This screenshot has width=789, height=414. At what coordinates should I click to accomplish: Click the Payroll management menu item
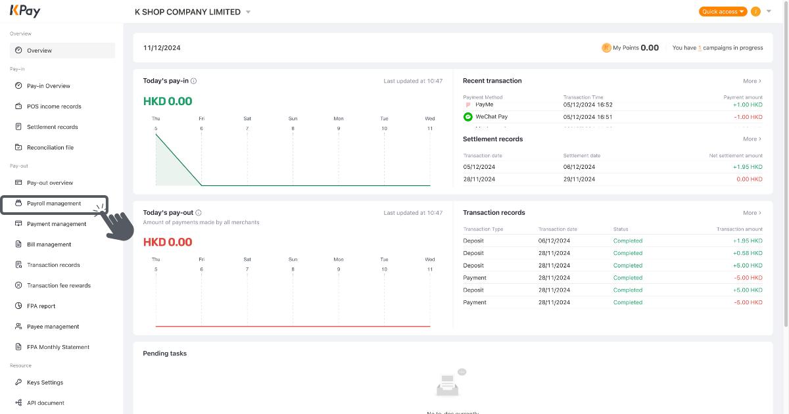click(x=54, y=204)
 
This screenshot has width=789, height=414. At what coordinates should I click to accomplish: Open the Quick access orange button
click(x=723, y=12)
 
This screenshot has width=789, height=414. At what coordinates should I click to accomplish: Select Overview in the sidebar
click(x=39, y=51)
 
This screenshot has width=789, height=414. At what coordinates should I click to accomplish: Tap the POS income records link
click(x=54, y=106)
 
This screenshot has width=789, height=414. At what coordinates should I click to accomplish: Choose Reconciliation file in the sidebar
click(x=50, y=148)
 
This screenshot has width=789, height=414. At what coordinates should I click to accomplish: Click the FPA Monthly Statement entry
click(x=58, y=347)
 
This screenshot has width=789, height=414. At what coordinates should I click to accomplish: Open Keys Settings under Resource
click(x=45, y=382)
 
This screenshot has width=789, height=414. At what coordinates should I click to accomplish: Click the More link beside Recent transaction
click(x=752, y=81)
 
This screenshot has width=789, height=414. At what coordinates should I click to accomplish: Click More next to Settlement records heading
click(x=752, y=139)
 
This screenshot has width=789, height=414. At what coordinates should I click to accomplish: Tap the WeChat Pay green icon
click(x=468, y=117)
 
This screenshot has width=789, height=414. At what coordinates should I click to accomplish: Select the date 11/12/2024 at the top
click(x=162, y=48)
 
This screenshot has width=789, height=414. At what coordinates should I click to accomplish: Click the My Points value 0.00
click(x=650, y=48)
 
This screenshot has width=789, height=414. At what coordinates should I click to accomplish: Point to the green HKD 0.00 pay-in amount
click(x=168, y=101)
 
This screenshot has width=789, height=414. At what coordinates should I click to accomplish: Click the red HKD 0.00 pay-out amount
click(x=168, y=242)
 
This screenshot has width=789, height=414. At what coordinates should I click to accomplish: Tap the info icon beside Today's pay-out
click(x=199, y=213)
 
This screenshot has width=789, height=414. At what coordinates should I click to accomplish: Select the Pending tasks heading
click(x=165, y=354)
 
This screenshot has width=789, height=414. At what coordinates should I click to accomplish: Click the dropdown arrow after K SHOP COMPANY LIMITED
click(x=248, y=12)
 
